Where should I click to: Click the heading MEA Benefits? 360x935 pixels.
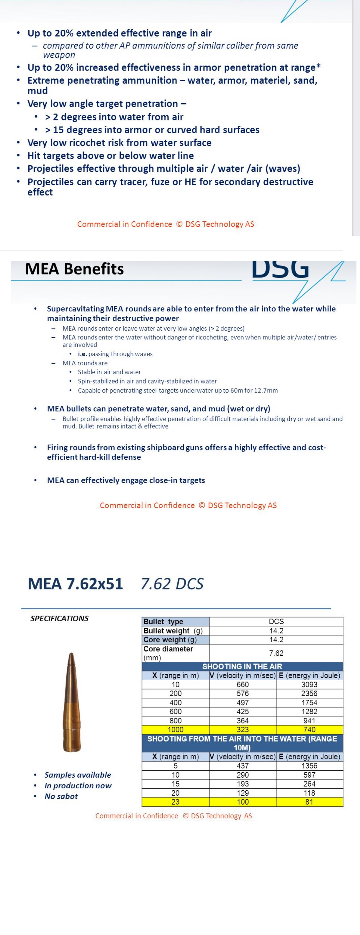(x=74, y=269)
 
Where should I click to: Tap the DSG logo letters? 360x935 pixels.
(x=280, y=269)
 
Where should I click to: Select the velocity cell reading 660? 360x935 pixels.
(x=243, y=684)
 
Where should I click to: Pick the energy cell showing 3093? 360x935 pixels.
(x=309, y=684)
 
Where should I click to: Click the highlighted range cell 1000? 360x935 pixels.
(x=175, y=729)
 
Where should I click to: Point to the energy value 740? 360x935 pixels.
(x=309, y=729)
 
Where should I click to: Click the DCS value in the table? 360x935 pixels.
(x=276, y=621)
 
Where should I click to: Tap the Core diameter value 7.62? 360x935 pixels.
(x=276, y=653)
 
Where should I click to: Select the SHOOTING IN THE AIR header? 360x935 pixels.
(x=242, y=666)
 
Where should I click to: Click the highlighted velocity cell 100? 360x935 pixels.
(x=243, y=802)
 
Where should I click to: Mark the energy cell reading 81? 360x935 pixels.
(x=309, y=802)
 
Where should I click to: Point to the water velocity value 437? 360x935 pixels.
(x=243, y=766)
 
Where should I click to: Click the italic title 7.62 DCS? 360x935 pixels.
(x=172, y=584)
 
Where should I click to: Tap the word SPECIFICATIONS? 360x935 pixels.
(x=60, y=619)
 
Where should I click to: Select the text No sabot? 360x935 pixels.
(x=61, y=796)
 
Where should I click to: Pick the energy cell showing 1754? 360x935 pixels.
(x=309, y=702)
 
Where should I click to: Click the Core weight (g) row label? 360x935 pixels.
(x=170, y=640)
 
